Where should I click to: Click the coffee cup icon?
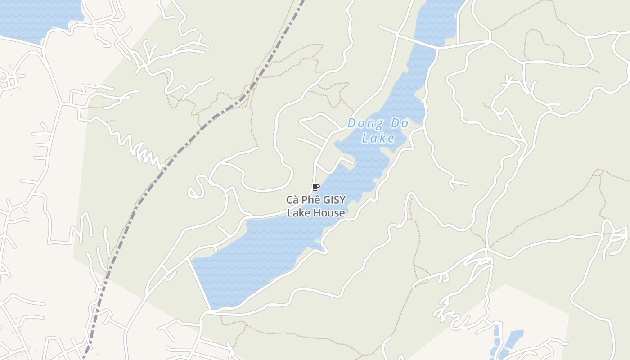315,187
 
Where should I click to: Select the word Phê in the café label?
308,200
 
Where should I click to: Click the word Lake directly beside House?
299,213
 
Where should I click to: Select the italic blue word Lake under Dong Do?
378,138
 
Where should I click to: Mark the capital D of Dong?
352,123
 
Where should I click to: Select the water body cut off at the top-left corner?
36,18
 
